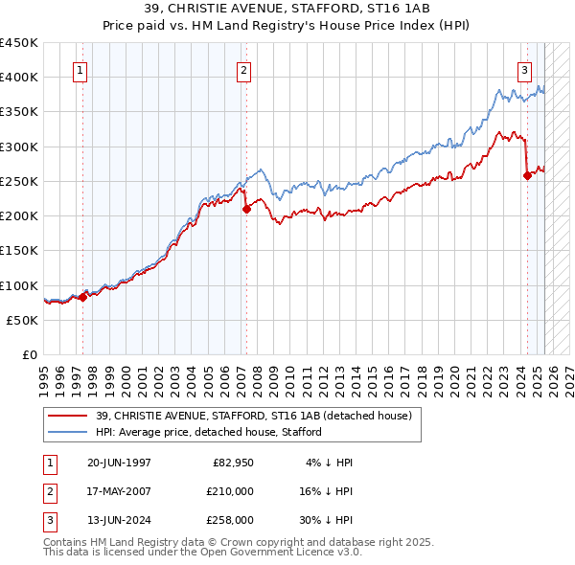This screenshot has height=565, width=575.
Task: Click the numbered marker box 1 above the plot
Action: [x=80, y=69]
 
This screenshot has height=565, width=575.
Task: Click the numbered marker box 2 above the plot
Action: [x=244, y=69]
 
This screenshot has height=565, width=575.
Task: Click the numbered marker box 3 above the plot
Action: [x=525, y=69]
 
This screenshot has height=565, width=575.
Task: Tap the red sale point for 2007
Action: [x=246, y=209]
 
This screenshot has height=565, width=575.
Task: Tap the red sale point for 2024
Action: [x=527, y=175]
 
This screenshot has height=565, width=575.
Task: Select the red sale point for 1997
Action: [x=82, y=297]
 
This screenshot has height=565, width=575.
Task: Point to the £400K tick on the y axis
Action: [x=19, y=77]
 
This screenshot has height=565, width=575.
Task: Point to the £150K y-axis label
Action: [x=19, y=250]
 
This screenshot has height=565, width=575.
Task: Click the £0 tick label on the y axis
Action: [x=30, y=354]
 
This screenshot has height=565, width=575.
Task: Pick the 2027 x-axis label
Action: [x=568, y=378]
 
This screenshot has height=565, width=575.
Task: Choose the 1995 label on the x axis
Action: [x=44, y=378]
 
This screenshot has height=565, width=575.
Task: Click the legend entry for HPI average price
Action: [x=209, y=432]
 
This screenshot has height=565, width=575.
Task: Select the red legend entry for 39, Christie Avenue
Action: [x=253, y=416]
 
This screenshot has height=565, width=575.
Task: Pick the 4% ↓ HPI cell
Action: [x=330, y=463]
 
